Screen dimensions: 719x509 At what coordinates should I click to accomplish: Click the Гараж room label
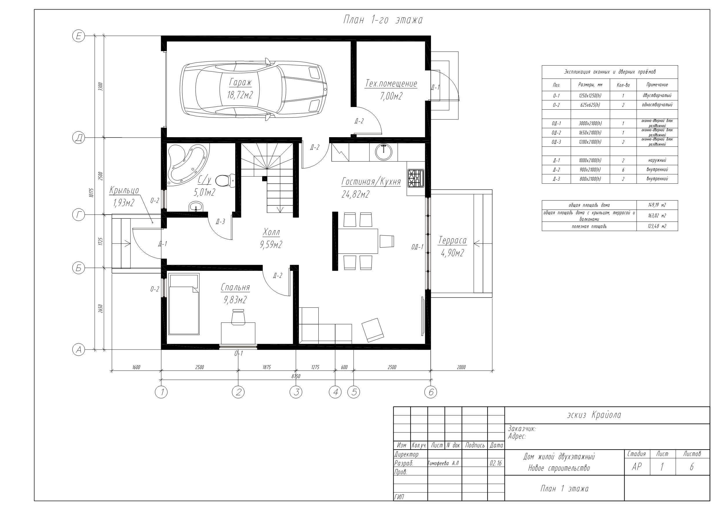point(240,82)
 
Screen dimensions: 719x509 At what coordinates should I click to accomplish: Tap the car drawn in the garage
point(253,89)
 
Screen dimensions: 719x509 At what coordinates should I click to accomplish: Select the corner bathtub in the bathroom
point(188,164)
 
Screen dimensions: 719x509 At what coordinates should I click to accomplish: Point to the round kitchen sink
point(383,153)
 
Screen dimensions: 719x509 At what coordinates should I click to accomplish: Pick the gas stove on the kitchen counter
point(416,178)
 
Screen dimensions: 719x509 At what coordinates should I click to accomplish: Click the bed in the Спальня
point(184,304)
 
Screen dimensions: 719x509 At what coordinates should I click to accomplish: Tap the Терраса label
point(452,240)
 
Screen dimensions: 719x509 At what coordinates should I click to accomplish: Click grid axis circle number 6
point(430,392)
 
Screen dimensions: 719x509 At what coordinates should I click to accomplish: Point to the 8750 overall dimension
point(295,376)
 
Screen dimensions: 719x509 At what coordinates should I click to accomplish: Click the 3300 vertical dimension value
point(100,86)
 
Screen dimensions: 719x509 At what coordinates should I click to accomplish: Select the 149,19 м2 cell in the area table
point(657,205)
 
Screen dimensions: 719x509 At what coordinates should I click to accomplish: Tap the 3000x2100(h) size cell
point(590,123)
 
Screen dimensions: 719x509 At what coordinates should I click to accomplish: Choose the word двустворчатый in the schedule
point(657,95)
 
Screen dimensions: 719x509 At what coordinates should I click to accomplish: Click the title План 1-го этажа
point(383,20)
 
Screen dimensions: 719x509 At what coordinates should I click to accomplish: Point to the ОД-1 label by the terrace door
point(417,247)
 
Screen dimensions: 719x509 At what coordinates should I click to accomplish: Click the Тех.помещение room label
point(391,84)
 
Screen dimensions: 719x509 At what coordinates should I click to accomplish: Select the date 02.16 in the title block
point(496,463)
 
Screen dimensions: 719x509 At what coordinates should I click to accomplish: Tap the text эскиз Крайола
point(594,415)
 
